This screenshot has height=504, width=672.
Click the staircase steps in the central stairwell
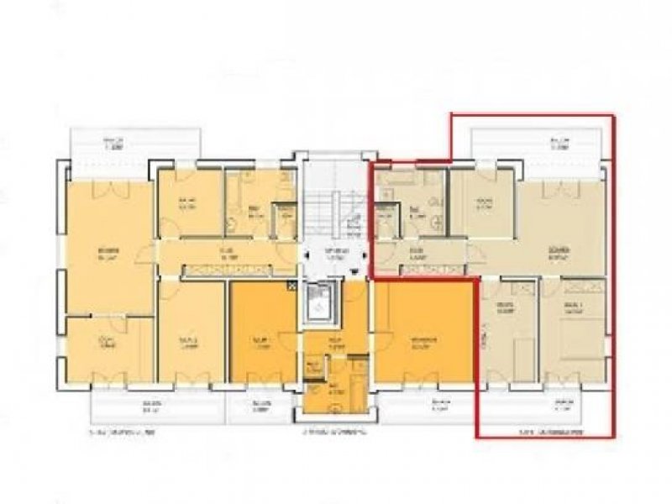coord(323,202)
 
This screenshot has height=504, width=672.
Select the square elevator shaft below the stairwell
coord(320,302)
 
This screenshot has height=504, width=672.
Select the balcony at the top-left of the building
coord(135,143)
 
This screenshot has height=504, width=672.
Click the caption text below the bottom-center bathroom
coord(332,433)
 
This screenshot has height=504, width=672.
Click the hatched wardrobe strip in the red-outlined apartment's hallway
coord(433,269)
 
